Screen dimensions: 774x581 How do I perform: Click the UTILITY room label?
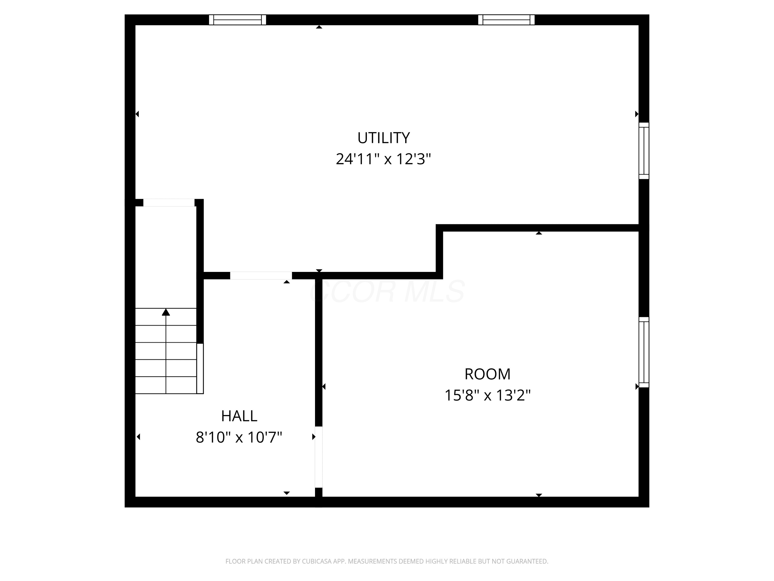383,138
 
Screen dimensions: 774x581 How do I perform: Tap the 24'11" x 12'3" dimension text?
383,159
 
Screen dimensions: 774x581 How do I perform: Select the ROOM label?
487,374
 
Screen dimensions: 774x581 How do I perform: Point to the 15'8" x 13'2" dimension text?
487,395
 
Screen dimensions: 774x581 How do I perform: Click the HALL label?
239,416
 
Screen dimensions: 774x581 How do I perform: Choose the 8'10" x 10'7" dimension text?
239,437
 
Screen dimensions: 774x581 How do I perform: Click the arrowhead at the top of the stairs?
166,312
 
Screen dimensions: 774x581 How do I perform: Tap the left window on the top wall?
238,20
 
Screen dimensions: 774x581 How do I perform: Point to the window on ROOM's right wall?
644,352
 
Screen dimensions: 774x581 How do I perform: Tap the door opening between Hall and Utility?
261,276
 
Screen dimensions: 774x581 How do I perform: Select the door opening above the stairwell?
169,203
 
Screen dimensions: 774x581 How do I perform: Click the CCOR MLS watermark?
387,291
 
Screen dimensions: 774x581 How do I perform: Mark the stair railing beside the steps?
200,368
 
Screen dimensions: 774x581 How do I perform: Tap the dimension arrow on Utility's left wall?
137,114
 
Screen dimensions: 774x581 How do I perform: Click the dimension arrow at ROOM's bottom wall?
539,495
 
